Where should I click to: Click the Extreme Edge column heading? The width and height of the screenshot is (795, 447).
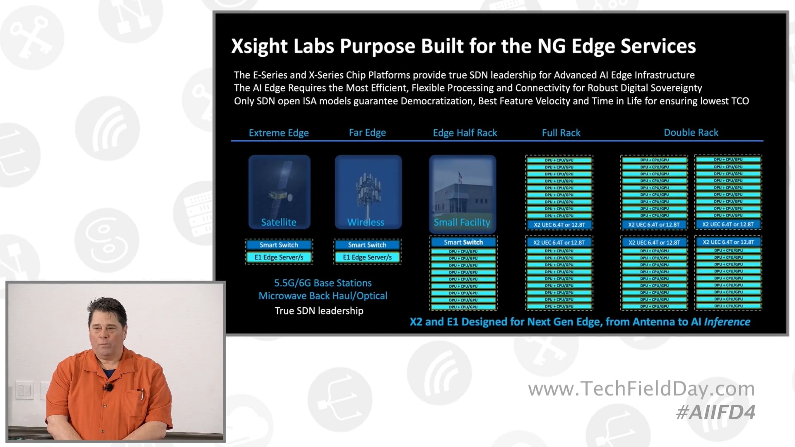(x=279, y=133)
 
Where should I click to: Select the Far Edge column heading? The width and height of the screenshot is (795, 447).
(x=367, y=132)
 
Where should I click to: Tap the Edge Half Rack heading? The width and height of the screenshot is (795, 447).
(x=465, y=133)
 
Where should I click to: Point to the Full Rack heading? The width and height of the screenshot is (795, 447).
(x=561, y=133)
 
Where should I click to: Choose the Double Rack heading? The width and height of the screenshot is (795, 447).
(x=691, y=132)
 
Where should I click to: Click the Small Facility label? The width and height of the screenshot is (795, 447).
(x=462, y=222)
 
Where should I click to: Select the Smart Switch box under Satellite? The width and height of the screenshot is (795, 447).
(x=279, y=245)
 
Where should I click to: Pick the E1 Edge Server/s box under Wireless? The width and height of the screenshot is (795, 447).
(x=367, y=257)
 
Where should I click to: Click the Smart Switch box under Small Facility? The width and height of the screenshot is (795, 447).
(x=463, y=242)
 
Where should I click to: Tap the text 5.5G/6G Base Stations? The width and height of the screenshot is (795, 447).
(x=323, y=283)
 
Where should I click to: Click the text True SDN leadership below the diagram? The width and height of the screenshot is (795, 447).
(x=319, y=311)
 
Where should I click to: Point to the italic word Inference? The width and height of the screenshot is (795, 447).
(x=727, y=322)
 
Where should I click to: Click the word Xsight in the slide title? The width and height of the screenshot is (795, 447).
(x=259, y=46)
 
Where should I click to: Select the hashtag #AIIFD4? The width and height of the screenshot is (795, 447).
(x=715, y=412)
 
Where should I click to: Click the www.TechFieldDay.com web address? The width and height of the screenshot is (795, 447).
(x=641, y=389)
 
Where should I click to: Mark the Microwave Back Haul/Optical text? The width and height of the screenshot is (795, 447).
(x=323, y=296)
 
